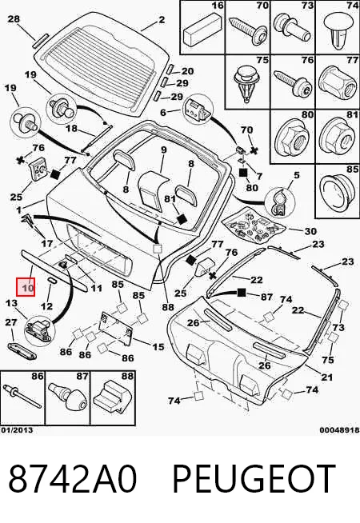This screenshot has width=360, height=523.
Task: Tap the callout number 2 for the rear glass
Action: (162, 20)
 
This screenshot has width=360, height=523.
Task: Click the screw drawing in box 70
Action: (248, 28)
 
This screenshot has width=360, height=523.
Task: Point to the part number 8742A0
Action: (72, 480)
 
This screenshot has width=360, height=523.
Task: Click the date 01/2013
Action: (17, 430)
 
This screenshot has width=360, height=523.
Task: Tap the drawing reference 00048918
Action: (340, 430)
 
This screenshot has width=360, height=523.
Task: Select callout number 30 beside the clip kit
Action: (310, 231)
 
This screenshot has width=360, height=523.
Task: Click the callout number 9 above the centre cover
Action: (163, 150)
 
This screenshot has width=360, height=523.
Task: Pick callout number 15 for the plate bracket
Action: (158, 347)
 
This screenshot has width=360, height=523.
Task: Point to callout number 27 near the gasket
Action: (11, 322)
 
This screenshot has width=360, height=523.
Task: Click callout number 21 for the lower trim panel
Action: (326, 377)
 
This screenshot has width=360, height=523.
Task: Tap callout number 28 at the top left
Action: (14, 18)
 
